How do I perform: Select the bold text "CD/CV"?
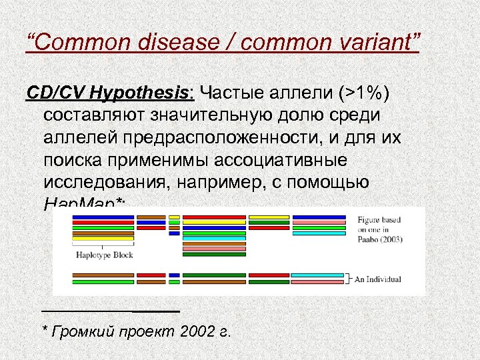point(54,92)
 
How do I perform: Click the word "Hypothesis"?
point(139,92)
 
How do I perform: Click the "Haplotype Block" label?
point(104,255)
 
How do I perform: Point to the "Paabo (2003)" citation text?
point(379,239)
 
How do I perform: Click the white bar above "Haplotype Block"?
point(103,243)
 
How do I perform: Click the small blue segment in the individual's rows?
point(174,275)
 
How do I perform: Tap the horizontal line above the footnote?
point(110,311)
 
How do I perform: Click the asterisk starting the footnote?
point(45,329)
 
